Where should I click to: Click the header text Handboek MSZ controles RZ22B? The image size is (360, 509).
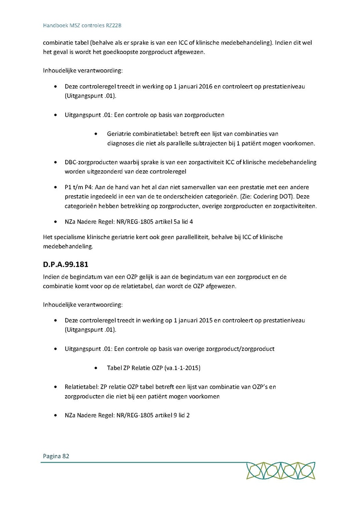(82, 26)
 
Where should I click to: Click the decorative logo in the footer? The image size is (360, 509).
(280, 471)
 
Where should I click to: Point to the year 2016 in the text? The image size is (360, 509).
(206, 86)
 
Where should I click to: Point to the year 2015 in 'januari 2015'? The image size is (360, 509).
(206, 320)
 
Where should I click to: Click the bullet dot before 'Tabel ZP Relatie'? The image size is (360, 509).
(96, 368)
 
